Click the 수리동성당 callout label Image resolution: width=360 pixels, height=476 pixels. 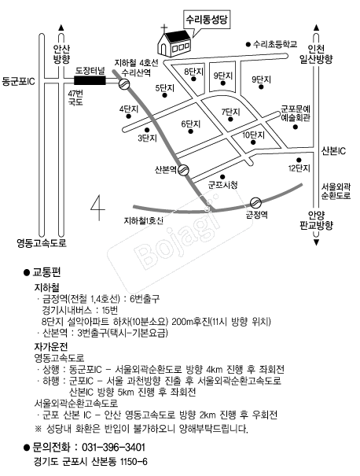click(208, 20)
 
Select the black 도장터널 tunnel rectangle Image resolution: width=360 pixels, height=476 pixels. click(90, 80)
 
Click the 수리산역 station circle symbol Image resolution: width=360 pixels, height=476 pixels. click(123, 84)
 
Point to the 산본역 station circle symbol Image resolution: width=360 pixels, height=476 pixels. click(183, 170)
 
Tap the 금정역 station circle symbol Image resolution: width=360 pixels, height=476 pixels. click(255, 202)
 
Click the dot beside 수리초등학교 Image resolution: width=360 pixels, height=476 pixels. click(248, 45)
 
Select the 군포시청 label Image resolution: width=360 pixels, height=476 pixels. click(222, 185)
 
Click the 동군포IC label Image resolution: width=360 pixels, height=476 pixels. click(18, 81)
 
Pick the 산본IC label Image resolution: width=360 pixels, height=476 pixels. click(333, 151)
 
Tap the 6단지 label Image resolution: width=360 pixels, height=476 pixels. click(191, 124)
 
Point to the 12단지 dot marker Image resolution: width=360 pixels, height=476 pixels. click(299, 160)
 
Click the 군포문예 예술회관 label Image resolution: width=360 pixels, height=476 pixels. click(295, 113)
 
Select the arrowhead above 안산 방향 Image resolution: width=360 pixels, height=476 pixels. click(61, 28)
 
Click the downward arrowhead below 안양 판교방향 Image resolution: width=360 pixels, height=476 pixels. click(316, 242)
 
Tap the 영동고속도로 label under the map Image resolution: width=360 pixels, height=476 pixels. click(42, 243)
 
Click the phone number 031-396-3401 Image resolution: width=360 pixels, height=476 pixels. click(114, 448)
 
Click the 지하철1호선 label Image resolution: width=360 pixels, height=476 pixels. click(143, 221)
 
